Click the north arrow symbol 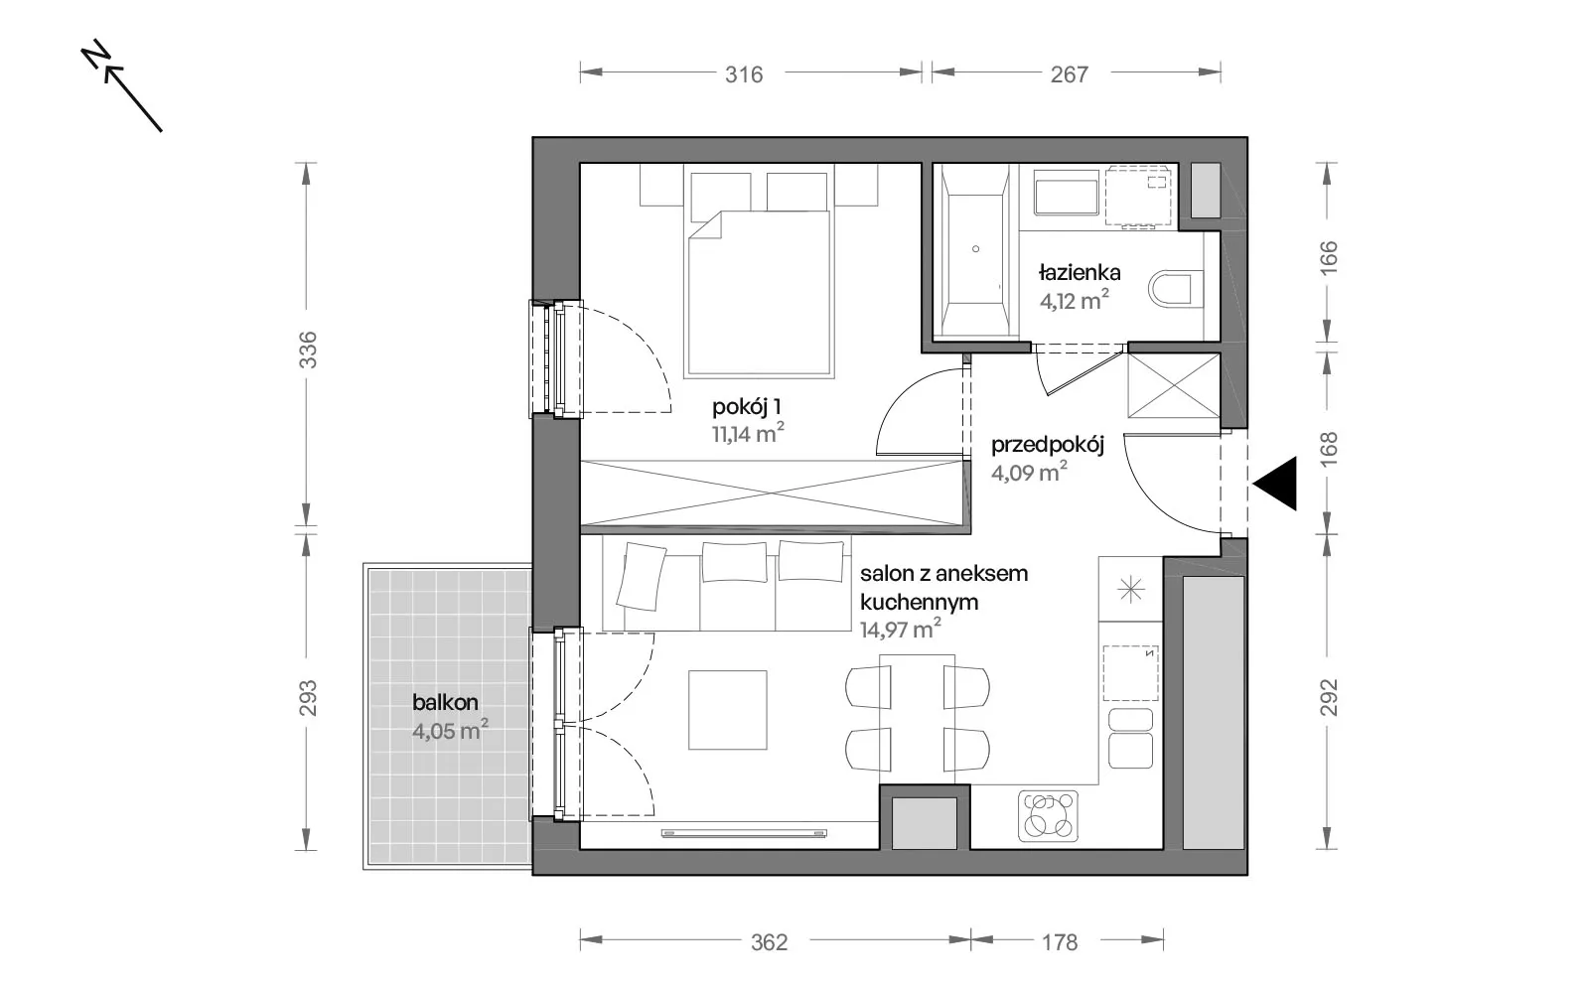click(121, 86)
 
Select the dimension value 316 click(744, 74)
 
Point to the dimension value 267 click(1069, 74)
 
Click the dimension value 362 click(770, 942)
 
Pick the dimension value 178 click(1060, 942)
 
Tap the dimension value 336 click(307, 350)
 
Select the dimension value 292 click(1328, 697)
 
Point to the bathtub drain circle click(976, 249)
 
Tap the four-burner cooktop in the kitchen click(1049, 815)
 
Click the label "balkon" click(446, 703)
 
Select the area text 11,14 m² click(748, 433)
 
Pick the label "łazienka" click(1080, 272)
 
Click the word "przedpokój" click(1048, 446)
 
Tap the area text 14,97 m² click(901, 629)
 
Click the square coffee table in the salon click(728, 710)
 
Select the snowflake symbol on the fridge click(1131, 589)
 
